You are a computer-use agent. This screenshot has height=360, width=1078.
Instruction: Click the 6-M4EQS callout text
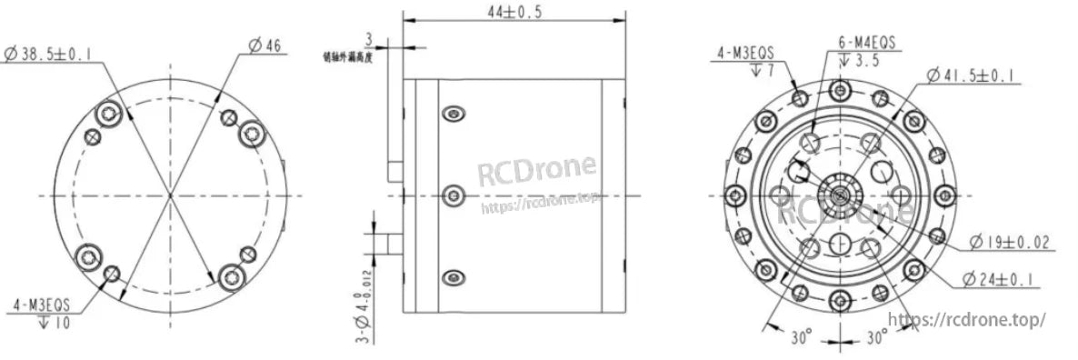point(866,42)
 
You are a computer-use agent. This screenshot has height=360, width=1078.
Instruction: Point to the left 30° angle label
point(799,337)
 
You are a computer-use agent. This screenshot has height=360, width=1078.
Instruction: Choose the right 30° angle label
point(875,337)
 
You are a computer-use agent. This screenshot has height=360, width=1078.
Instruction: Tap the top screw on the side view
point(453,114)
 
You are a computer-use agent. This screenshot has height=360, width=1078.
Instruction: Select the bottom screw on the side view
point(453,277)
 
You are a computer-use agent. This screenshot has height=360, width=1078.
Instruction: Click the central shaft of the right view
point(838,194)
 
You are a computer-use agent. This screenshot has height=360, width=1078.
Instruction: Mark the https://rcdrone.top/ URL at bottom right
point(965,319)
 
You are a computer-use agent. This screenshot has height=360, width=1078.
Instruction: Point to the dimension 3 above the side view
point(368,39)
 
